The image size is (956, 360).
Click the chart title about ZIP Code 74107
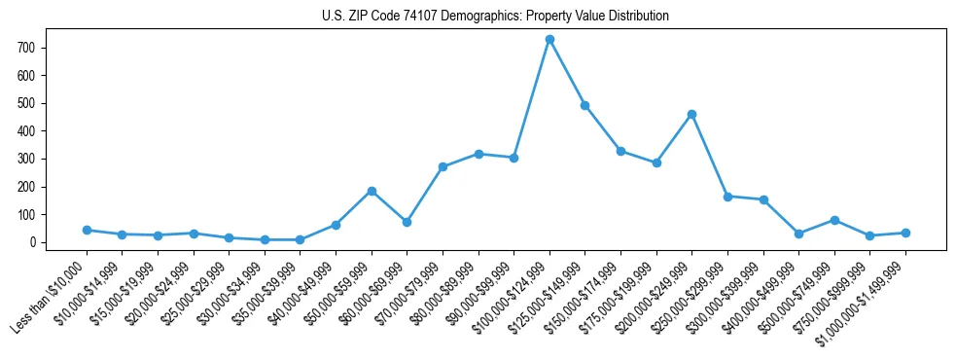pyautogui.click(x=495, y=16)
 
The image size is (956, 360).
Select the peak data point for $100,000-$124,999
pyautogui.click(x=549, y=39)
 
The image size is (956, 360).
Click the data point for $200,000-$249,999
pyautogui.click(x=691, y=114)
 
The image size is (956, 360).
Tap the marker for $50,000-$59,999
pyautogui.click(x=372, y=191)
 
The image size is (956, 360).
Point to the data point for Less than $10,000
pyautogui.click(x=87, y=230)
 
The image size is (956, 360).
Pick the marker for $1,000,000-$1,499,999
pyautogui.click(x=905, y=233)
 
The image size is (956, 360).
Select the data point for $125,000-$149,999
pyautogui.click(x=584, y=105)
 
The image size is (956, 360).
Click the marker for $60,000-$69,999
pyautogui.click(x=407, y=222)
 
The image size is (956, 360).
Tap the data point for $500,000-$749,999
pyautogui.click(x=834, y=220)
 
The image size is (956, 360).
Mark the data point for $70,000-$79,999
pyautogui.click(x=443, y=166)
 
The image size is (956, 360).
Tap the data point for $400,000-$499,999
pyautogui.click(x=798, y=234)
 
